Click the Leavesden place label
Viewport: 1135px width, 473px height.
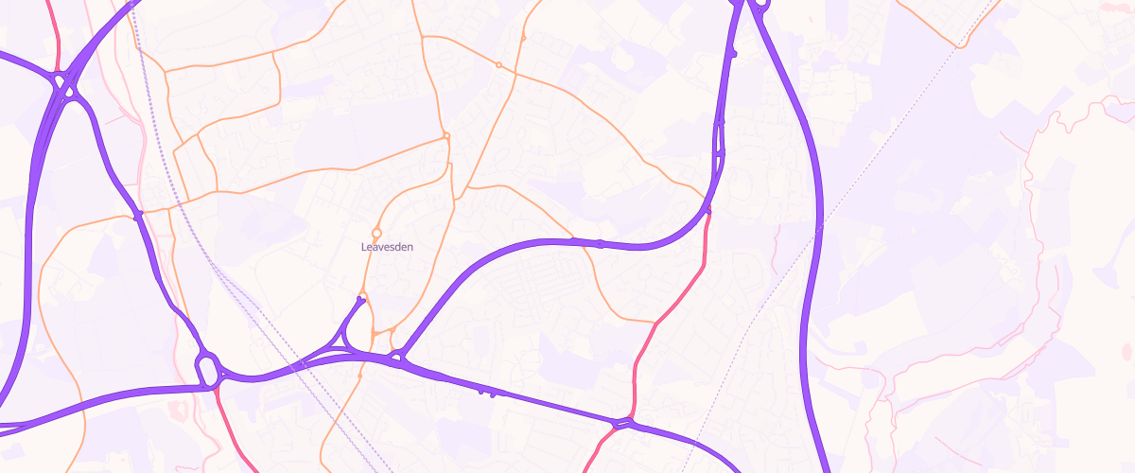[x=387, y=247]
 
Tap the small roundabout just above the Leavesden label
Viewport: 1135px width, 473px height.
[x=376, y=233]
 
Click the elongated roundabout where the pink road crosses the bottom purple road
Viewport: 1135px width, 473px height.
[x=621, y=423]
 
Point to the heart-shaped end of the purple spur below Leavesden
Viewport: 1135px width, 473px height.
[x=360, y=300]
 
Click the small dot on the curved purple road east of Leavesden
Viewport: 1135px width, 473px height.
[x=601, y=244]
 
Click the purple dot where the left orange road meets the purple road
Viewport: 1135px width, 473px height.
[x=138, y=217]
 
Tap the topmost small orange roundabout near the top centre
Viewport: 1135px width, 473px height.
[x=523, y=39]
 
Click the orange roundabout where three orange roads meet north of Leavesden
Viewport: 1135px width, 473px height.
[x=446, y=136]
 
